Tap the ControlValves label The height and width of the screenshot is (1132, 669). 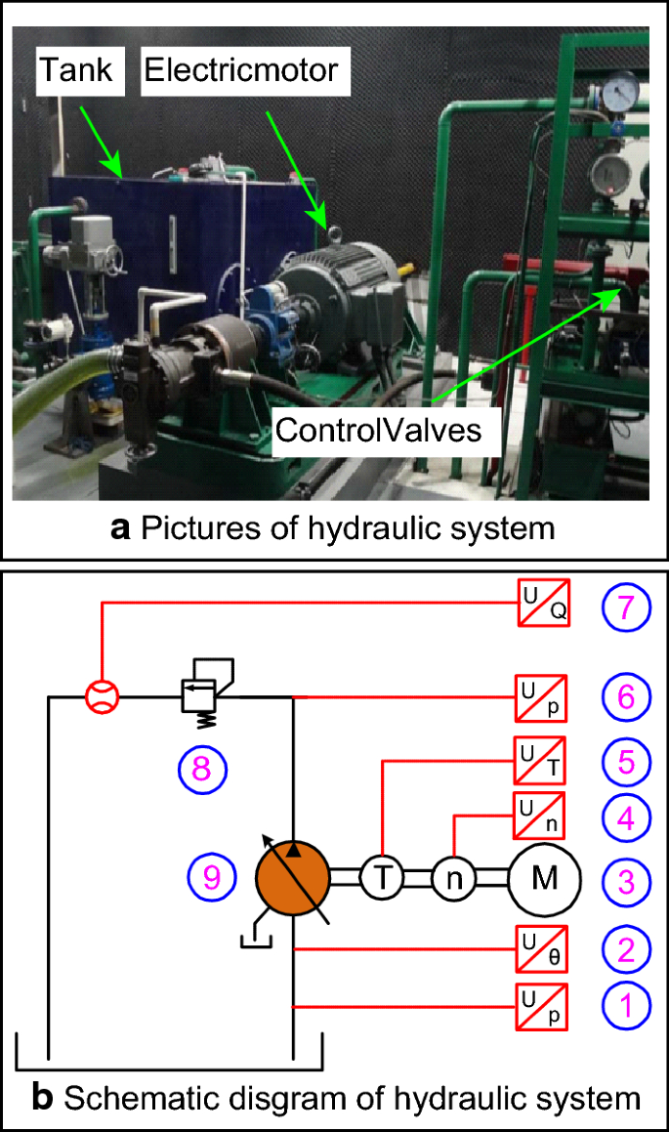coord(379,429)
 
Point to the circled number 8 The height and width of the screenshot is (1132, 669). coord(202,769)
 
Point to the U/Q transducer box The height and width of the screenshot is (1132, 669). coord(541,603)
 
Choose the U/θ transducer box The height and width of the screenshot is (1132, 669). coord(541,948)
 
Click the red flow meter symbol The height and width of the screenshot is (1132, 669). coord(102,696)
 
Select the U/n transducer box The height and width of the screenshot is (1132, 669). coord(541,814)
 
